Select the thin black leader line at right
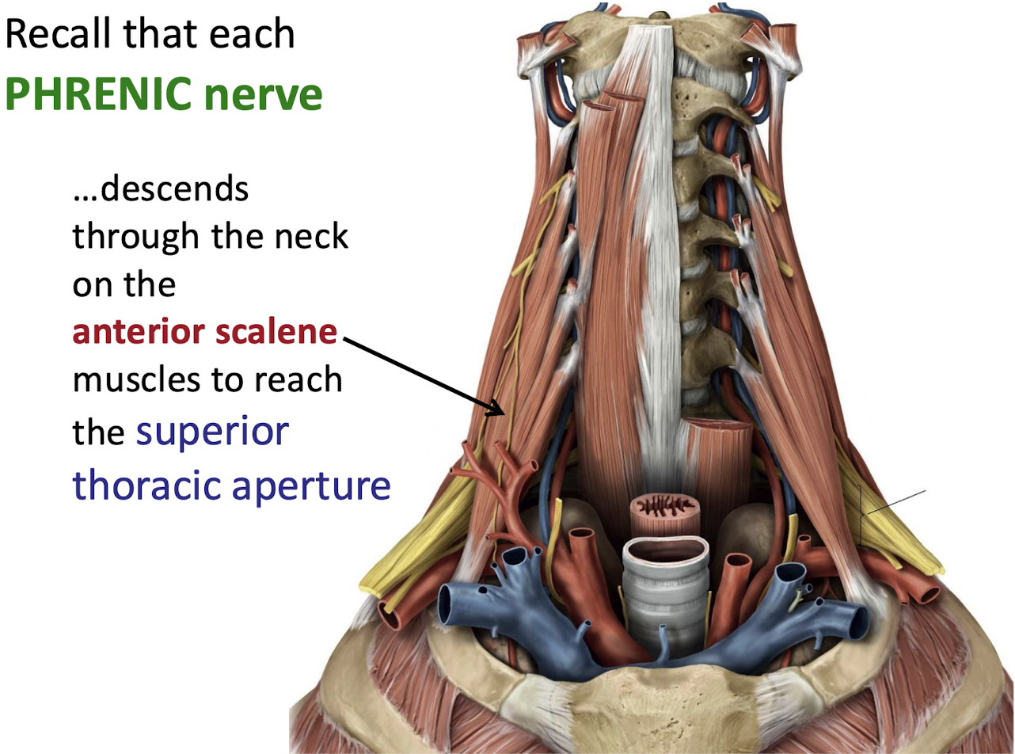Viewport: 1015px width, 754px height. (895, 503)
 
